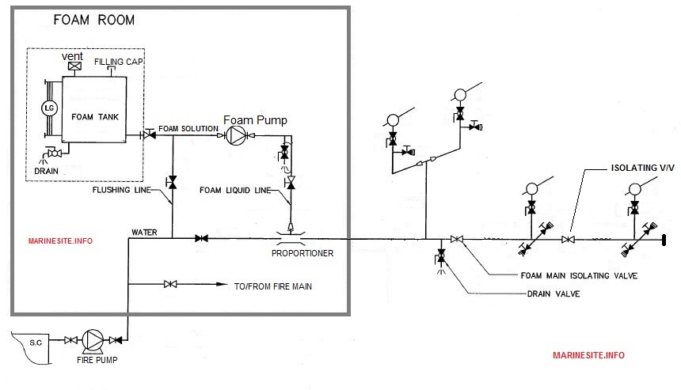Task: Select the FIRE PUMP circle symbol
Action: pos(94,340)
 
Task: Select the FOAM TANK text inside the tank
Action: pos(93,116)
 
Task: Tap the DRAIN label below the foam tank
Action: pos(46,168)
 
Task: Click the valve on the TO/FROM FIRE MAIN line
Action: pos(170,284)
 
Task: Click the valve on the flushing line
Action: pos(172,182)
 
